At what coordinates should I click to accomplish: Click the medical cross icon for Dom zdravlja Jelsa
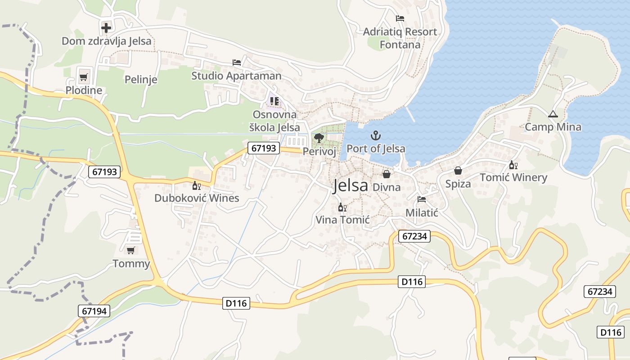click(x=106, y=28)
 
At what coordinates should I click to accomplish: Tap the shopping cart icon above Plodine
click(x=83, y=77)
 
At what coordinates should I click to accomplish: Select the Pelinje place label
click(x=141, y=80)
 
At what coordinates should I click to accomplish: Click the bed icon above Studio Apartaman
click(x=237, y=63)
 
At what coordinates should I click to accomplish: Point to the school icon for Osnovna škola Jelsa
click(x=274, y=101)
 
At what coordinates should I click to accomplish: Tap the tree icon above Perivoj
click(x=319, y=138)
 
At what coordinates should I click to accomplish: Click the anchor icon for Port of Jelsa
click(x=376, y=135)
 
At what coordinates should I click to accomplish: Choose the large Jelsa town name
click(x=351, y=185)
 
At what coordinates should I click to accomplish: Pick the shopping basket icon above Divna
click(x=387, y=174)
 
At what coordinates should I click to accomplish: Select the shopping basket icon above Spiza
click(x=458, y=171)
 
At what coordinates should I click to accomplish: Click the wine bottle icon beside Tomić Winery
click(x=513, y=165)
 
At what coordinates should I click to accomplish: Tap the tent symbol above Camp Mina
click(x=553, y=114)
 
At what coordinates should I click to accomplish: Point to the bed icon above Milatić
click(x=422, y=199)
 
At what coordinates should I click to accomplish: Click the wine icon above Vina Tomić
click(x=342, y=207)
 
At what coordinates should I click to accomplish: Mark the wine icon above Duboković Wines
click(x=197, y=185)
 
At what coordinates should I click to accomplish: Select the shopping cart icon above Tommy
click(x=131, y=250)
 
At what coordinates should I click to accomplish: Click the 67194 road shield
click(x=94, y=310)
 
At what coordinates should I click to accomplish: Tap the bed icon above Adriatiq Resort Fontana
click(x=400, y=18)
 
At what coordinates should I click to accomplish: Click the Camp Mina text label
click(x=553, y=127)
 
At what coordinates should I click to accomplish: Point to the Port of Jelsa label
click(x=376, y=148)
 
